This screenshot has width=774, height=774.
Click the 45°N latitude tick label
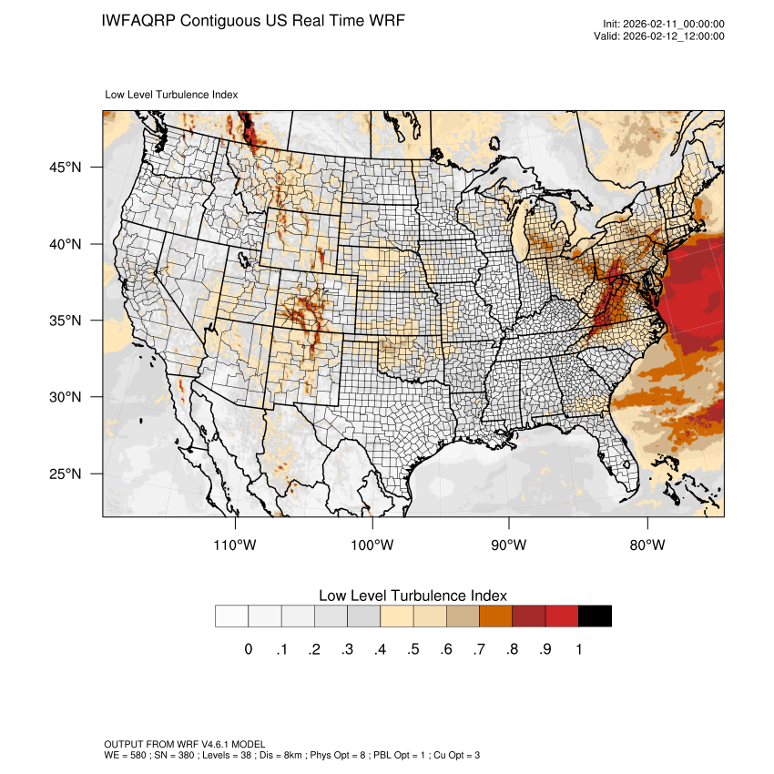coord(66,168)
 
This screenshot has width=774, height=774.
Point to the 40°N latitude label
coord(66,244)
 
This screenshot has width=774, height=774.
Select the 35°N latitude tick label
coord(66,321)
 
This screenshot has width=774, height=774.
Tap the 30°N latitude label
coord(66,397)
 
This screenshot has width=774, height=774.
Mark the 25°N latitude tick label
coord(66,474)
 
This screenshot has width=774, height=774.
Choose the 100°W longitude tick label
coord(372,545)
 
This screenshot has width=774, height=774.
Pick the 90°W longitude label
coord(509,545)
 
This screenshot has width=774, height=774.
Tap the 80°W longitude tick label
coord(647,545)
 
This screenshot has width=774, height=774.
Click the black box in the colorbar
coord(595,616)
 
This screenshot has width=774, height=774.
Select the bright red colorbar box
coord(562,616)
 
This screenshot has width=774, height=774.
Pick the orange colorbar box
coord(495,616)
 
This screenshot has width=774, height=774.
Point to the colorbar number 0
coord(248,649)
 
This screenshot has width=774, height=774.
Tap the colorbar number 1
coord(578,649)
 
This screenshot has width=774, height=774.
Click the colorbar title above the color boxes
coord(412,596)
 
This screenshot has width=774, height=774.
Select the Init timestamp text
coord(664,25)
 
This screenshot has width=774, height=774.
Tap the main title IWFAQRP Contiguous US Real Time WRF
coord(253,20)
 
